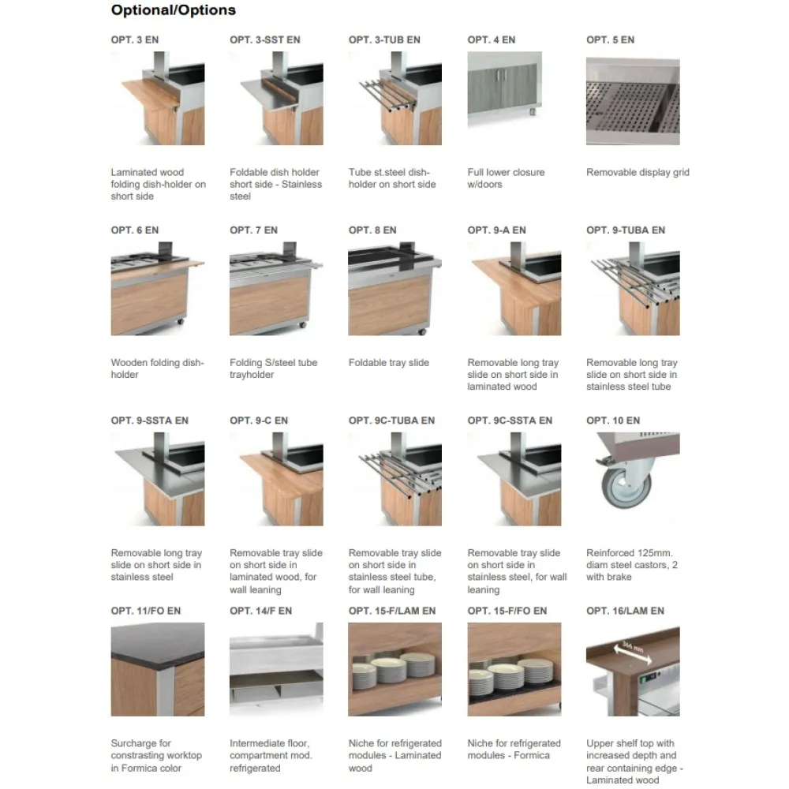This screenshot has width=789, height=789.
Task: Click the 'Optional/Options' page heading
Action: pyautogui.click(x=173, y=10)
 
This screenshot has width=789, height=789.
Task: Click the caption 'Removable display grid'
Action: pyautogui.click(x=638, y=172)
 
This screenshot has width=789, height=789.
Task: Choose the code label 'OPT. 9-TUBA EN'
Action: pyautogui.click(x=626, y=230)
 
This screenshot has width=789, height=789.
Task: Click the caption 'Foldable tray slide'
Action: pyautogui.click(x=389, y=363)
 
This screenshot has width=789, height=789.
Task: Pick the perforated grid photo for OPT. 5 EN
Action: pyautogui.click(x=633, y=107)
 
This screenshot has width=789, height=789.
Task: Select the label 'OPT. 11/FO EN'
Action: pyautogui.click(x=146, y=611)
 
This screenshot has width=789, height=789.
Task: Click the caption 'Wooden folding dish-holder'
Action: pyautogui.click(x=158, y=368)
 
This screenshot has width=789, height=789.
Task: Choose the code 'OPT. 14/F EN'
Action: pyautogui.click(x=261, y=611)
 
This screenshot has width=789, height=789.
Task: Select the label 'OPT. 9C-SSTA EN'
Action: pyautogui.click(x=510, y=421)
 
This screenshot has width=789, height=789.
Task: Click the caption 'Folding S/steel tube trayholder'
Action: pyautogui.click(x=273, y=368)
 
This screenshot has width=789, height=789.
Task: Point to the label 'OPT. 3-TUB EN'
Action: pyautogui.click(x=384, y=39)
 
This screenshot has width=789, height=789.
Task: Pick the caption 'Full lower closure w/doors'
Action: pyautogui.click(x=506, y=178)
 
